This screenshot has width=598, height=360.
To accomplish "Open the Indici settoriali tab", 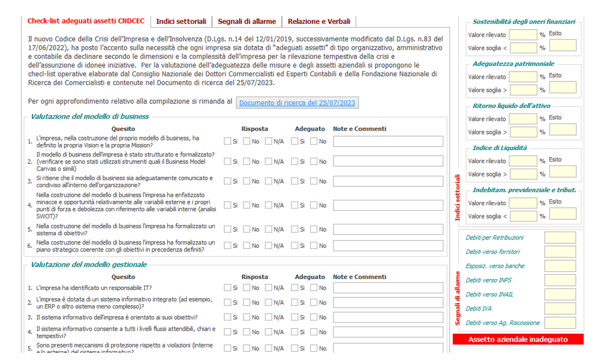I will coord(181,22).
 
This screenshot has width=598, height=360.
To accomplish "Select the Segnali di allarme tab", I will coord(247,22).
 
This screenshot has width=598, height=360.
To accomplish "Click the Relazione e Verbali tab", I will coord(318,22).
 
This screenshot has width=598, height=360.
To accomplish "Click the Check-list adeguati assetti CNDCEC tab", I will coord(86,21).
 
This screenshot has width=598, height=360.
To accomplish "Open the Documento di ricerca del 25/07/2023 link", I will coord(298,103).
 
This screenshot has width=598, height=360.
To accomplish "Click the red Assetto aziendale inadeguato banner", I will coord(518,340).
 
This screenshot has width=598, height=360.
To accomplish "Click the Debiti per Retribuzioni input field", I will coord(560,238).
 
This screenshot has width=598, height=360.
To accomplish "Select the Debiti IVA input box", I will coord(560,308).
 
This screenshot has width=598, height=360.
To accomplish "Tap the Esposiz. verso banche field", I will coord(560,266).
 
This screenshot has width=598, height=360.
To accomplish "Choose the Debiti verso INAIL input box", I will coord(560,295).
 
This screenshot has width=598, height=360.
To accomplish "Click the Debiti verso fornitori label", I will coord(492,252).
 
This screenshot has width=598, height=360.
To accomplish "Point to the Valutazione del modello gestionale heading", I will coord(88,265).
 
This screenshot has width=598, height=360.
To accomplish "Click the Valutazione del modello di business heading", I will coord(89,116).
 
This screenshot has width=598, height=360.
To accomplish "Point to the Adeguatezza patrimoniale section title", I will coord(504,64).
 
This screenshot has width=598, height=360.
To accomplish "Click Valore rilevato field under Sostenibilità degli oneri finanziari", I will coord(523,34).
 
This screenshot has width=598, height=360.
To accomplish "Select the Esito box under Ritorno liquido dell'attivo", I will coord(563,130).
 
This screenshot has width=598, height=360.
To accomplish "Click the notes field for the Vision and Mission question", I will coord(388,142).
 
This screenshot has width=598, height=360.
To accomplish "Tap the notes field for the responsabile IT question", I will coord(388,288).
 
